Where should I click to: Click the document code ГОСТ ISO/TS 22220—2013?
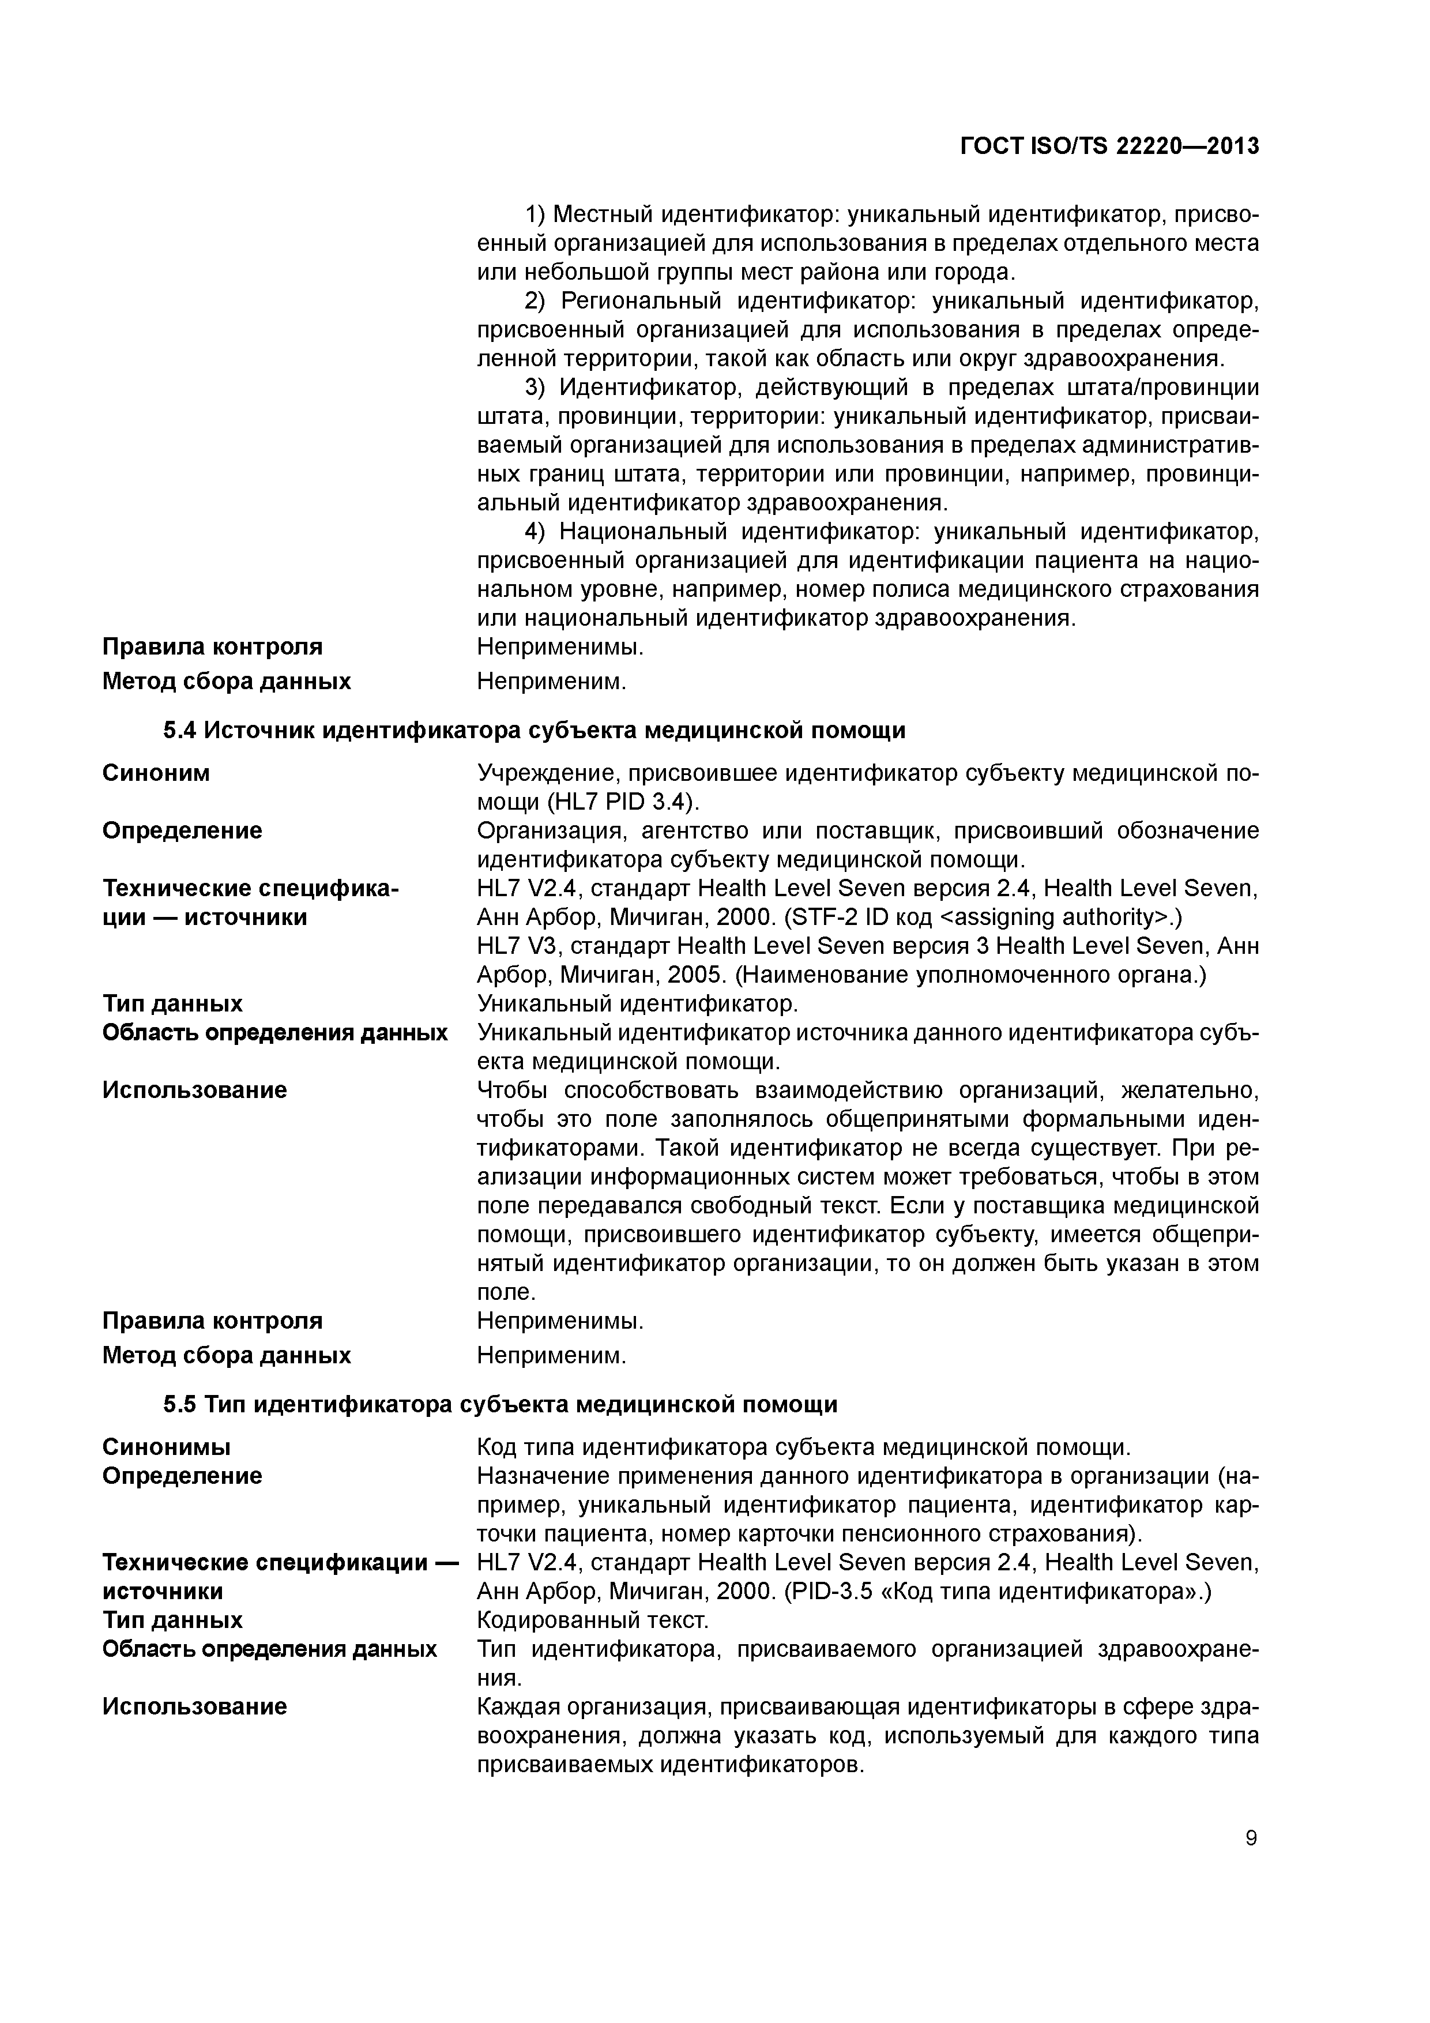point(1108,146)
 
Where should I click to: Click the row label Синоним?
point(156,773)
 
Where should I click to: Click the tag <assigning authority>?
point(1054,918)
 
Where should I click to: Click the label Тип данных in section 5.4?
point(172,1003)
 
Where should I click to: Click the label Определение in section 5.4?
point(182,831)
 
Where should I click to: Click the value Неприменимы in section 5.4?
point(559,1321)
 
